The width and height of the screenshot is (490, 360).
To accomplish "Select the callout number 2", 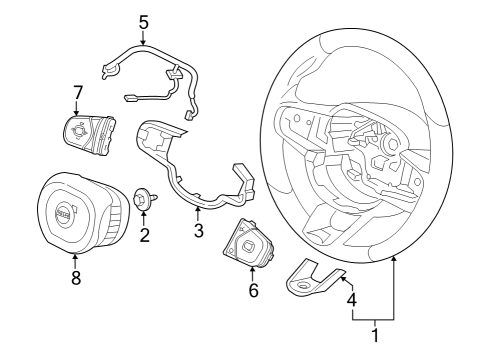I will point(145,236).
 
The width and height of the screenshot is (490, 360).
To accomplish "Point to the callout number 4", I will point(350,297).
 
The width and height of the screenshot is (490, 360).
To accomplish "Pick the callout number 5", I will point(143,21).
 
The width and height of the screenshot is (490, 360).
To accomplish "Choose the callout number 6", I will point(253,290).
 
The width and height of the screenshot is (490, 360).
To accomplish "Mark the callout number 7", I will point(77,93).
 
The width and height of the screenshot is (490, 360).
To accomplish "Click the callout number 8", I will point(75,278).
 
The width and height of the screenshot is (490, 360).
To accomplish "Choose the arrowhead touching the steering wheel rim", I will point(395,258).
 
